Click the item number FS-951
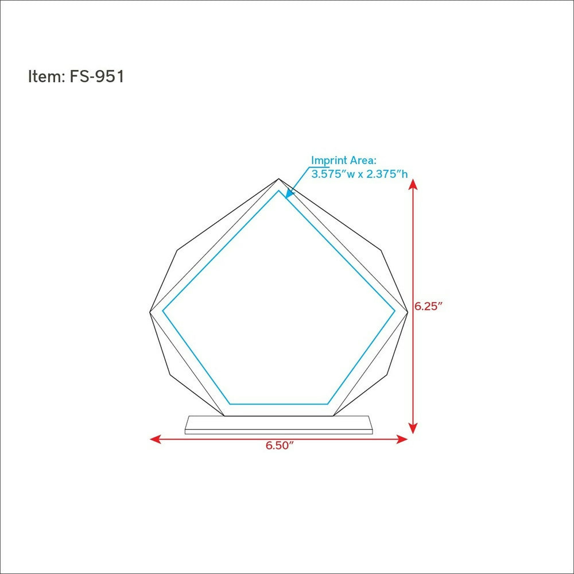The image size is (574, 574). point(97,76)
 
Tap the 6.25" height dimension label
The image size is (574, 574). point(428,306)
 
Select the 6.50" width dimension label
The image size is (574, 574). point(280,445)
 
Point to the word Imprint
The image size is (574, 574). point(329,161)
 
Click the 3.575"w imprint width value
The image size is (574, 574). point(333,174)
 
